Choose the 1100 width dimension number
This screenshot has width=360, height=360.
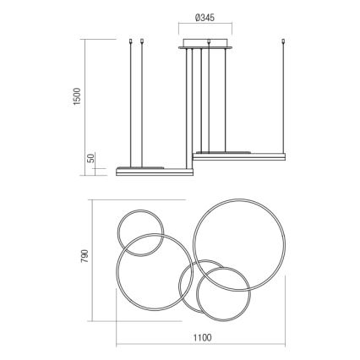coord(201,338)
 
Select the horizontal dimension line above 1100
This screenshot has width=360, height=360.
coord(201,326)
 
